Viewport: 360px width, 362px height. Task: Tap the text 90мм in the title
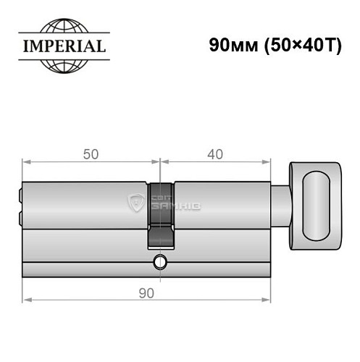point(230,44)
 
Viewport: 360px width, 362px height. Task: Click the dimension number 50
point(90,154)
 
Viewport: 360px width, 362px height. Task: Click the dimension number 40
point(214,154)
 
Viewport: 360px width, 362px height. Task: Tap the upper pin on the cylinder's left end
point(20,193)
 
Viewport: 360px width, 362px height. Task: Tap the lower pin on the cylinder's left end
point(20,218)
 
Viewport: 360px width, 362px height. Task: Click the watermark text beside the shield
point(181,203)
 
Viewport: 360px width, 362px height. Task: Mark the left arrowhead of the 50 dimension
point(26,162)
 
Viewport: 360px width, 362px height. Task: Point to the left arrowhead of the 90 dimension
point(26,297)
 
